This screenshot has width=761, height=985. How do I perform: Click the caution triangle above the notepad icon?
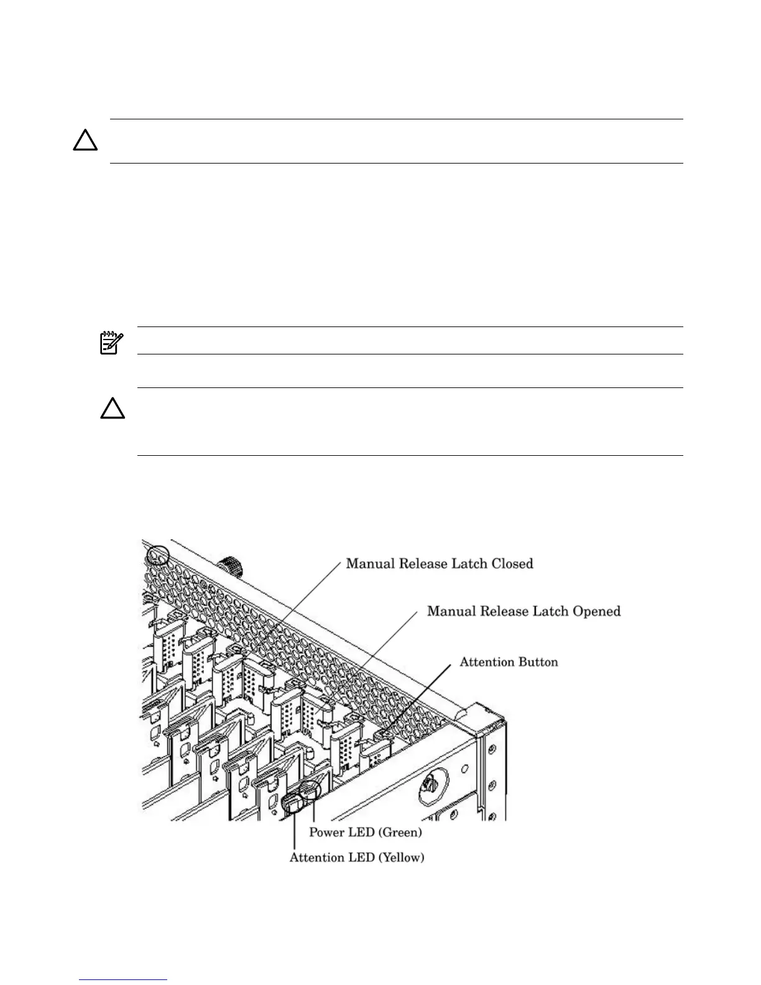pos(85,142)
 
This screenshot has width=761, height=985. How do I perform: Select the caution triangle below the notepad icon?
pos(113,410)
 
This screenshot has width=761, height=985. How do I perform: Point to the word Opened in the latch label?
pos(597,611)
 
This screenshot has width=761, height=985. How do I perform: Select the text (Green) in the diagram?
pos(400,832)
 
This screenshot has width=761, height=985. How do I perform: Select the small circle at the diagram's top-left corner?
pos(157,555)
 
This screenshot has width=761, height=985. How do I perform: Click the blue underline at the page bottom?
pos(124,980)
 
